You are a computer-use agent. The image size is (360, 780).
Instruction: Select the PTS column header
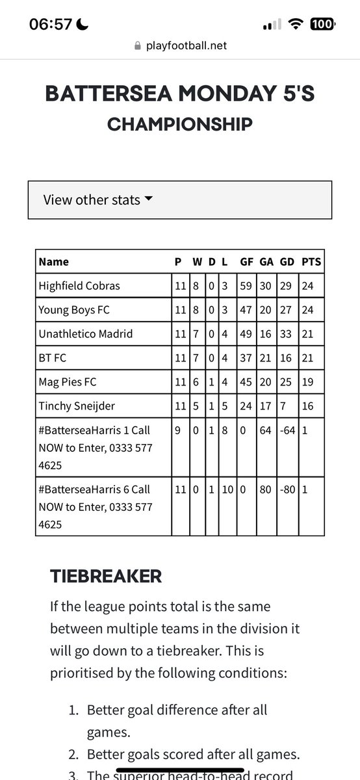click(311, 262)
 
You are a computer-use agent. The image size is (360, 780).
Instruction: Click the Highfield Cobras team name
click(79, 285)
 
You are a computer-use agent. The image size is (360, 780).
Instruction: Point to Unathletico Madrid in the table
click(86, 333)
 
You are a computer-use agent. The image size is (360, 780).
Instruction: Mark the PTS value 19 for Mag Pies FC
click(308, 382)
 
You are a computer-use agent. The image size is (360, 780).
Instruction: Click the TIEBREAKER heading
click(106, 575)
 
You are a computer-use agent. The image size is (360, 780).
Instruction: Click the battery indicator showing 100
click(322, 25)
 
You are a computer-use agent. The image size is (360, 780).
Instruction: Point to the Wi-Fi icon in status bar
click(298, 25)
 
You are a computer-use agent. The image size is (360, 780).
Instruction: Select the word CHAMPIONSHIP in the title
click(179, 123)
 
